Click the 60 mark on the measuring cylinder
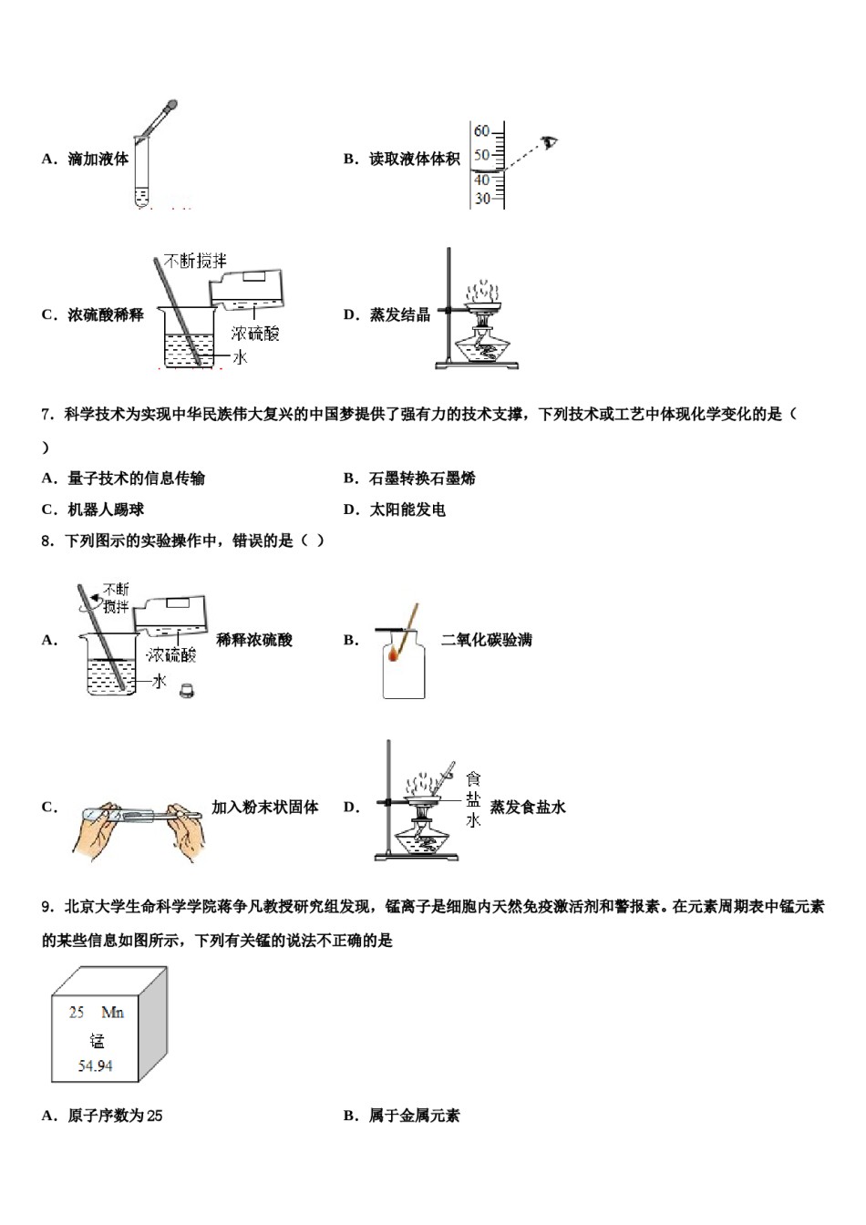point(481,131)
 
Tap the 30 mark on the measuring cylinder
point(481,198)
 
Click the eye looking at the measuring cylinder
point(549,142)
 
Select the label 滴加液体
point(98,159)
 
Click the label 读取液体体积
point(414,159)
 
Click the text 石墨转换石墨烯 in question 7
point(422,478)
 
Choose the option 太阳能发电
point(407,509)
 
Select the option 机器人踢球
point(106,509)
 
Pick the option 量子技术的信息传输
point(136,478)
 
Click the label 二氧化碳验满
point(486,640)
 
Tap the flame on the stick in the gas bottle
point(394,654)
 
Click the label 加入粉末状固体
point(264,807)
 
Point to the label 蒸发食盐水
point(528,807)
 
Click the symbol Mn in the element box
point(112,1012)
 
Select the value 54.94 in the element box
point(96,1065)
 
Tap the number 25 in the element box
point(77,1012)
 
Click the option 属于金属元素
point(414,1115)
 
